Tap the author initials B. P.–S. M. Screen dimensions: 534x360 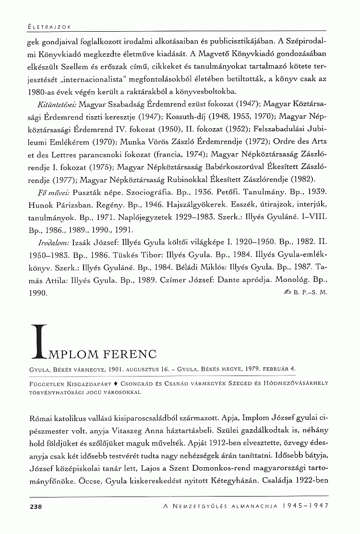point(311,291)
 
